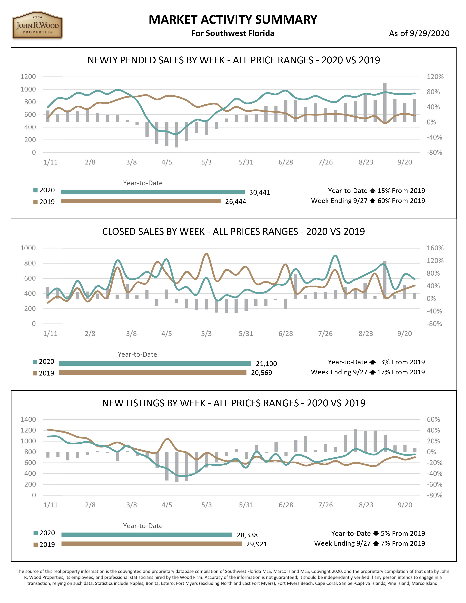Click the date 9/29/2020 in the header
tap(430, 33)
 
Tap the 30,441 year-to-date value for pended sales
tap(259, 192)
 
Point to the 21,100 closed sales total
tap(266, 364)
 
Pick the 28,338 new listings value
tap(247, 535)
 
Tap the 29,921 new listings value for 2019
tap(256, 544)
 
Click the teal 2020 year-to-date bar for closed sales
tap(155, 363)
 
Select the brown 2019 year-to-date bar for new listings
tap(151, 544)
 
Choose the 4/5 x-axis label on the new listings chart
tap(167, 505)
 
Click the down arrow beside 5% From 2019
tap(376, 533)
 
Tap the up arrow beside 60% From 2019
tap(373, 201)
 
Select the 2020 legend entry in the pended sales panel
tap(44, 190)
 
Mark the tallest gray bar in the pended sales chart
tap(385, 102)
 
